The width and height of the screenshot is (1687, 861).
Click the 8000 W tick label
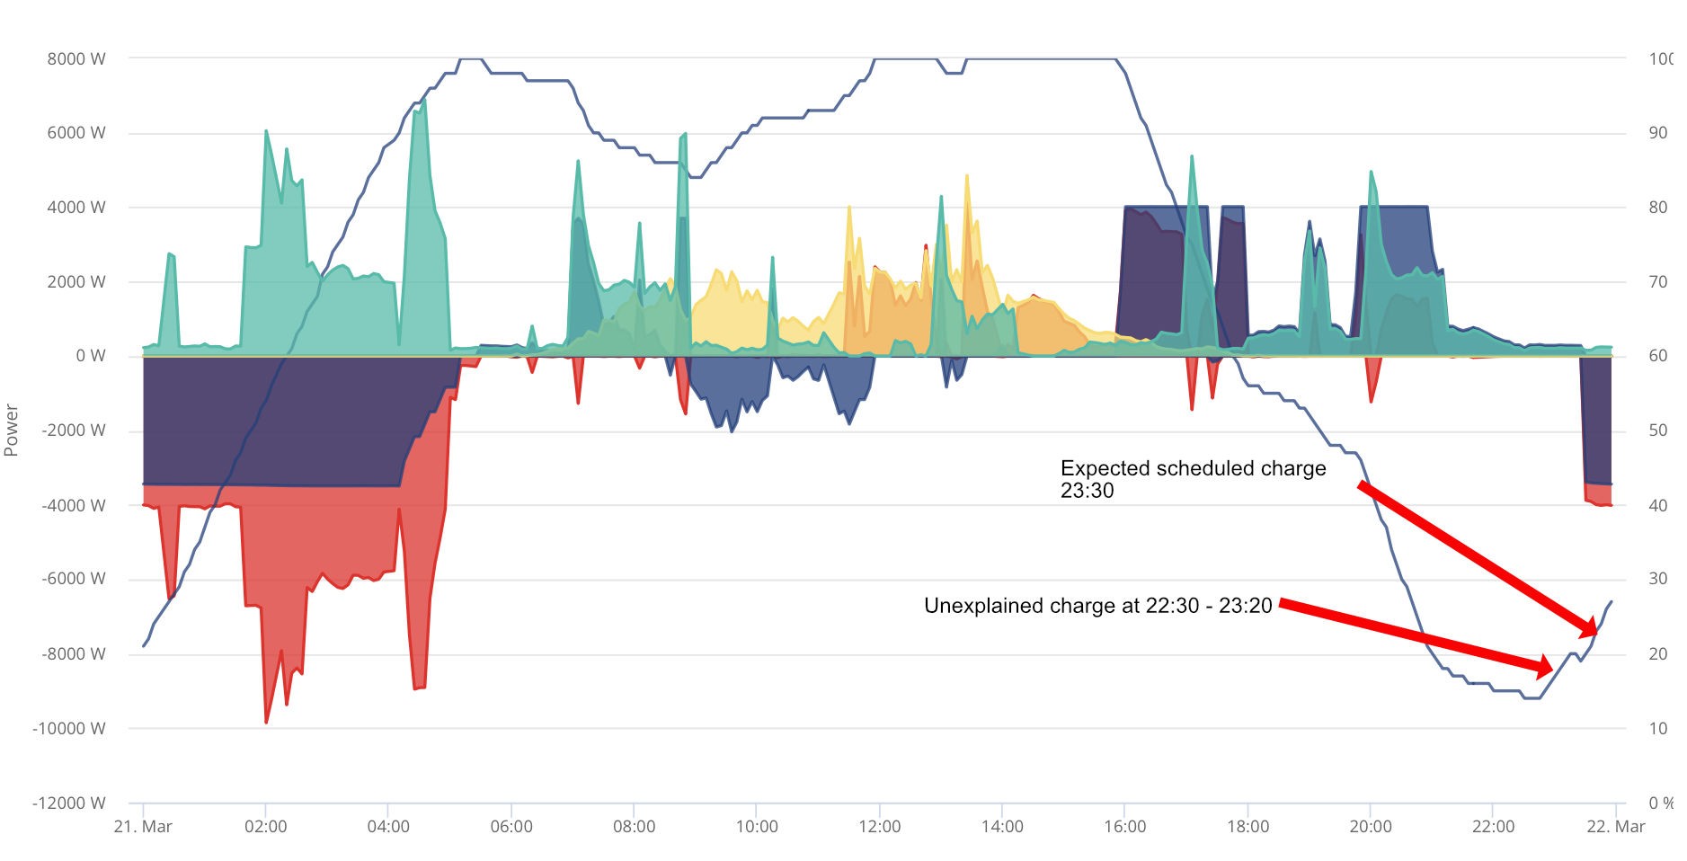76,59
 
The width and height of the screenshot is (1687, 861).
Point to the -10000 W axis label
68,728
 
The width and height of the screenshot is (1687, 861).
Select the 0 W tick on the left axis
91,356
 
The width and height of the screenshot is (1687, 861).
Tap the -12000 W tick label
68,803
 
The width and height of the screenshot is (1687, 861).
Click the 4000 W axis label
76,208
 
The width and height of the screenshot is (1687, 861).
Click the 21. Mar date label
143,826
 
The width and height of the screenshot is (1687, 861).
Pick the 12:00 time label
879,826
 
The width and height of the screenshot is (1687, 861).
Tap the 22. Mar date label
1615,826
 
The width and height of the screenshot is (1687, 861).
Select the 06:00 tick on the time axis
511,826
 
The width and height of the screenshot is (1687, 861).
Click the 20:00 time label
1370,826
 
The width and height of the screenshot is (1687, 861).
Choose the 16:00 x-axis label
1124,826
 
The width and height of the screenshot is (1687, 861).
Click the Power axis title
12,430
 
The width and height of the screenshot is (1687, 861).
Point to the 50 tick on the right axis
1658,430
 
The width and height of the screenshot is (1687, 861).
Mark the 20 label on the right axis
1658,653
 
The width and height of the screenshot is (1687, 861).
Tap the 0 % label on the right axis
1661,803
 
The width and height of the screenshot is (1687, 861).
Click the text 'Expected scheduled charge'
1193,468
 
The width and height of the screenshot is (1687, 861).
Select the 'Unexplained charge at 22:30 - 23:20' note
1098,606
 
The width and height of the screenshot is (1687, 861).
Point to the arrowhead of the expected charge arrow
1589,628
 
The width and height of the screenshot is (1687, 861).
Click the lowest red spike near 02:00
266,722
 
